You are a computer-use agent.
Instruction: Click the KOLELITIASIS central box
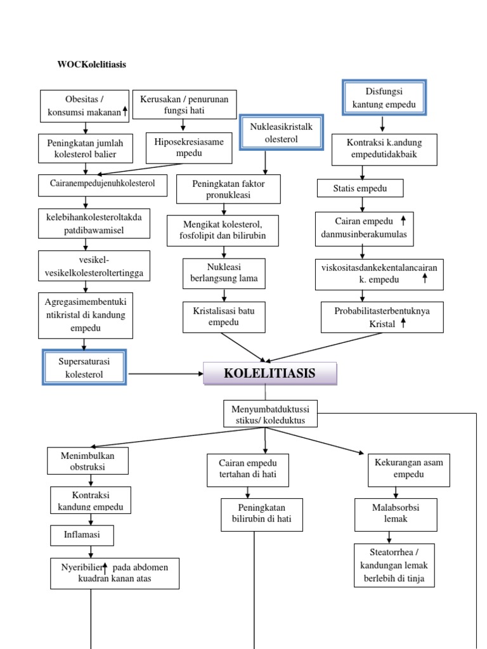[x=269, y=373]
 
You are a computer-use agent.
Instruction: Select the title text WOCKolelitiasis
[x=91, y=65]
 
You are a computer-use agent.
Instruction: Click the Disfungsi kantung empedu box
[x=384, y=97]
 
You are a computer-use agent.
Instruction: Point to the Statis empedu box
[x=360, y=188]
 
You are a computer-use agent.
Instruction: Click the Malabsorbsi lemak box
[x=396, y=513]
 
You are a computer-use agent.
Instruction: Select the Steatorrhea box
[x=394, y=564]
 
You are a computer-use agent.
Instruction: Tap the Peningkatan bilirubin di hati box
[x=261, y=514]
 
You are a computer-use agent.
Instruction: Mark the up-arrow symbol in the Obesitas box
[x=125, y=112]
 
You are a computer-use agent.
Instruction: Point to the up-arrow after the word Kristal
[x=403, y=323]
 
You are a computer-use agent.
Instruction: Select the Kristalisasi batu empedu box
[x=224, y=317]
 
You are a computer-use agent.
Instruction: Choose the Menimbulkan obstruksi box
[x=88, y=461]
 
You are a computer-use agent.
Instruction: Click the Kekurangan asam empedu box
[x=408, y=469]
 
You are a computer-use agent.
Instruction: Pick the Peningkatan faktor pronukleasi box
[x=228, y=189]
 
